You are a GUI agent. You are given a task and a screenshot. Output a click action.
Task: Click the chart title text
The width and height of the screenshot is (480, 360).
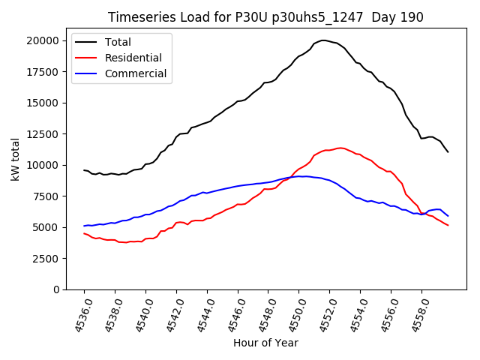(x=265, y=17)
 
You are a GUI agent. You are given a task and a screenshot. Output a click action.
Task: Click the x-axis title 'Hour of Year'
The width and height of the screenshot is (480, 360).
(x=265, y=343)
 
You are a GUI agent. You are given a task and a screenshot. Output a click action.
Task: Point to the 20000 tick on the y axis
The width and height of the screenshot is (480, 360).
(x=46, y=40)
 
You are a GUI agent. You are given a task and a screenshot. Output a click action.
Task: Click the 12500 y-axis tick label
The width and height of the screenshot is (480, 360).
(x=46, y=134)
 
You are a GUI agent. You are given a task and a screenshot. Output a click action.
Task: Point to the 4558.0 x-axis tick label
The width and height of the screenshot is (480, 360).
(x=413, y=315)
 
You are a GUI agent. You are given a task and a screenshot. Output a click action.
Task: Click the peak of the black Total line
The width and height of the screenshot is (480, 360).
(x=323, y=40)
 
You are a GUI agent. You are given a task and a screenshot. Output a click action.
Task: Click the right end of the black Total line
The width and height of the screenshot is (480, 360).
(x=448, y=152)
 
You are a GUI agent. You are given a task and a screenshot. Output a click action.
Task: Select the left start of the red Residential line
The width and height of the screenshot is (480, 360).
(x=84, y=233)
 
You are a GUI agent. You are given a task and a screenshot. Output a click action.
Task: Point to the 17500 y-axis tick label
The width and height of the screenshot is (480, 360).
(x=46, y=72)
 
